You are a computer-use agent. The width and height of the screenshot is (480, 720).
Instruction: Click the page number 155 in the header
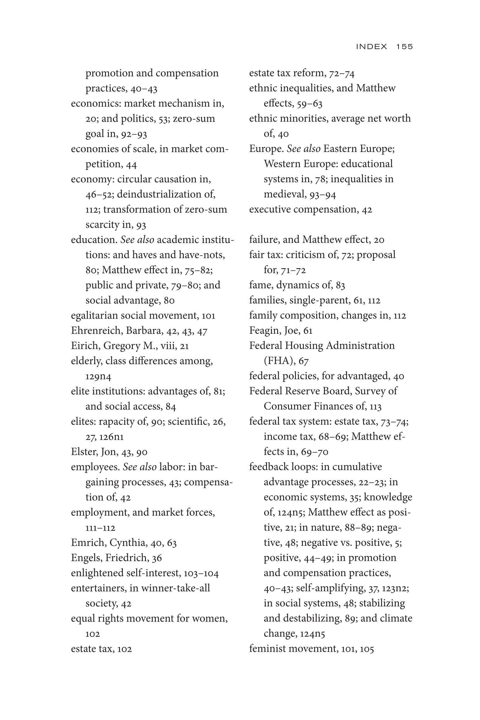tap(404, 46)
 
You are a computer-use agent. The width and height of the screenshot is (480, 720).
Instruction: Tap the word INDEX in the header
tap(371, 46)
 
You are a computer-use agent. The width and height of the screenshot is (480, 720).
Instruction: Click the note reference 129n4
tap(98, 376)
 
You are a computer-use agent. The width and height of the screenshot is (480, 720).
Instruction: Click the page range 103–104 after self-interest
tap(201, 573)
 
